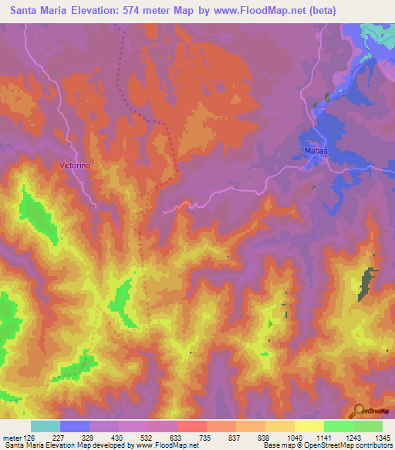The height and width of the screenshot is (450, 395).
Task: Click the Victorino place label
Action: coord(75,165)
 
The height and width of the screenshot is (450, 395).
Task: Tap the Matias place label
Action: coord(316,150)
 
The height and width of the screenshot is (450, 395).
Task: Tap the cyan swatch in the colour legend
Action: coord(46,426)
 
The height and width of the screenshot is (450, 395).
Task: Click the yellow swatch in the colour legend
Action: coord(309,426)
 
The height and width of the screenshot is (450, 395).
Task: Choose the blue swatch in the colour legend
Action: coord(75,426)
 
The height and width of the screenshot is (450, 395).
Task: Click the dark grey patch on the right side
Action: coord(367,282)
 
